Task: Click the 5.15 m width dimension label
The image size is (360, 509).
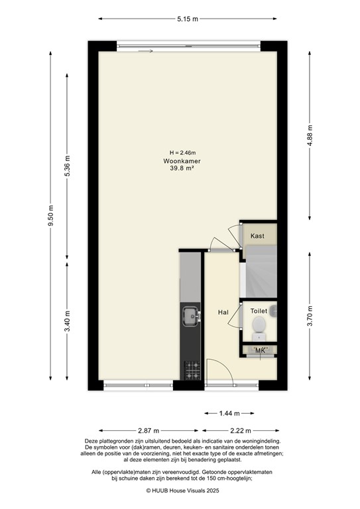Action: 188,19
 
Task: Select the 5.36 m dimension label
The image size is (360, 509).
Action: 67,167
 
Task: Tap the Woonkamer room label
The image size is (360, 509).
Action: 183,161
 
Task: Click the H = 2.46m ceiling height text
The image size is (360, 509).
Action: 183,153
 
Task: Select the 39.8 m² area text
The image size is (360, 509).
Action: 183,169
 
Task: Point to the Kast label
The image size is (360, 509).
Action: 258,236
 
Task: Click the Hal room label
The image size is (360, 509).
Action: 223,311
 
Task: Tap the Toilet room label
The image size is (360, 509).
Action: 258,309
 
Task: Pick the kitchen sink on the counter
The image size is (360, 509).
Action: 190,315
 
